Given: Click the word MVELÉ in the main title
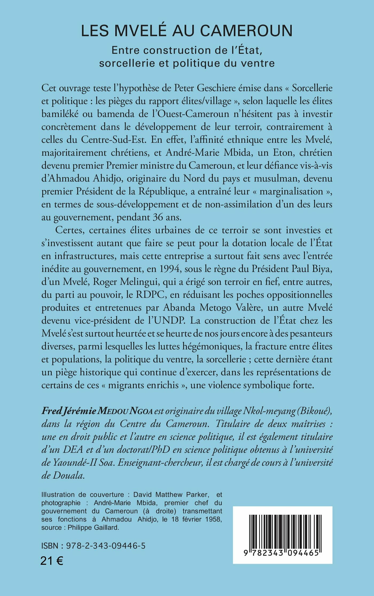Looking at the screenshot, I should [141, 31].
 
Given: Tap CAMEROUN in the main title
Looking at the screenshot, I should [246, 31].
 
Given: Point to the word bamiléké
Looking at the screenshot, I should [60, 114].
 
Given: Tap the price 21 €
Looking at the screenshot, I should [52, 561].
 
